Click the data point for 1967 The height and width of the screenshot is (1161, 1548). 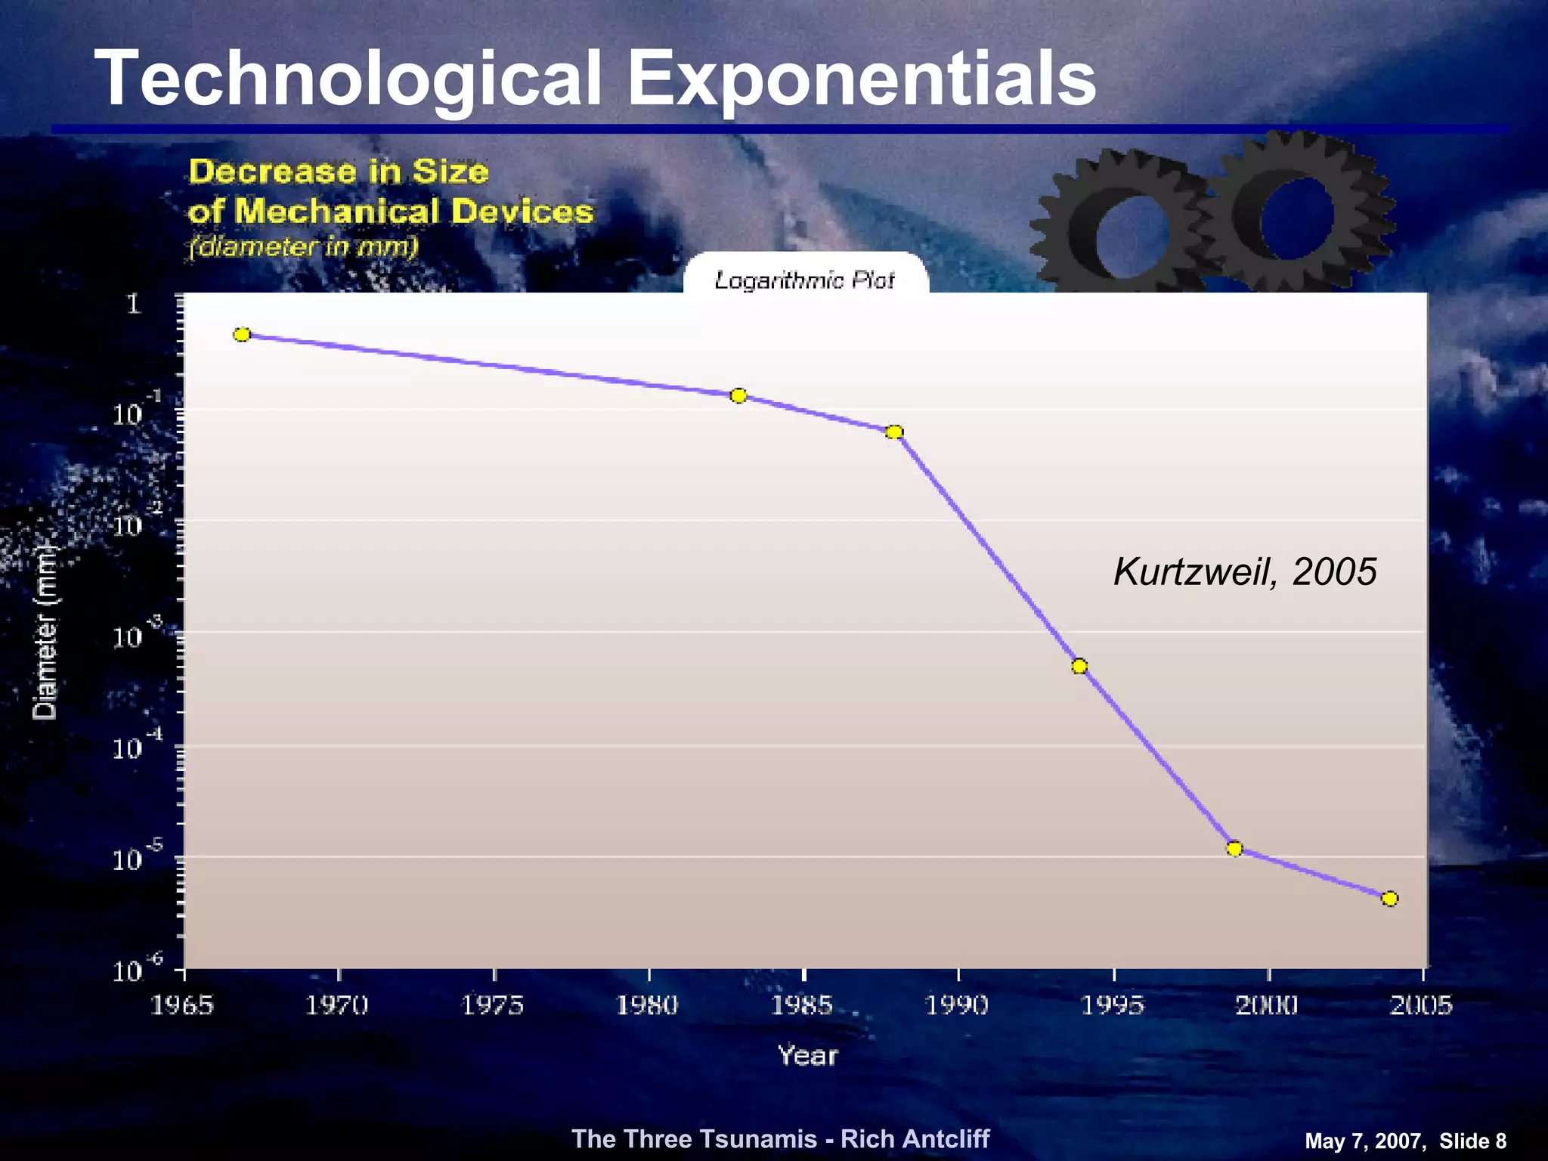[x=242, y=334]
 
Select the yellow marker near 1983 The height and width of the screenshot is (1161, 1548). [x=738, y=395]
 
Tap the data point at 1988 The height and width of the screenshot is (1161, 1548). [x=894, y=432]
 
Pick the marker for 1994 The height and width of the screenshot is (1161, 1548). [x=1079, y=665]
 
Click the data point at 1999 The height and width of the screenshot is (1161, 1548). [x=1234, y=848]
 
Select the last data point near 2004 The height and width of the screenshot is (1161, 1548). [x=1389, y=898]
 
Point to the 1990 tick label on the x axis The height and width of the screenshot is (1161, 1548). [x=957, y=1005]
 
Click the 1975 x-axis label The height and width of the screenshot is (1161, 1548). [x=493, y=1005]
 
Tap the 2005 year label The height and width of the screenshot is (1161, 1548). [x=1422, y=1005]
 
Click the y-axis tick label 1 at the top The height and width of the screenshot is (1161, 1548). [x=134, y=304]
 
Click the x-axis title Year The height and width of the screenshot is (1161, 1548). [x=808, y=1056]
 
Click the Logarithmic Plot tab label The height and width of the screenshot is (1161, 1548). [x=805, y=280]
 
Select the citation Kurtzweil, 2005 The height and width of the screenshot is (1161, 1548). [x=1245, y=571]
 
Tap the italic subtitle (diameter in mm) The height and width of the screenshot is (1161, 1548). [x=303, y=246]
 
